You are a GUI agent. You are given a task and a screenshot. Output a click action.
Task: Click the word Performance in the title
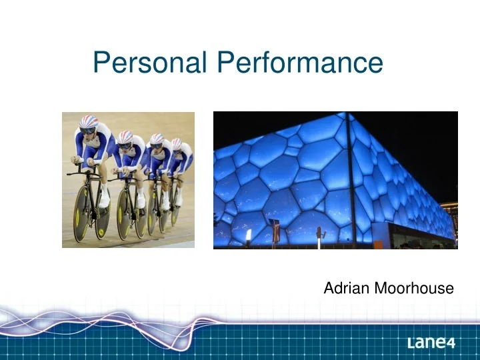pyautogui.click(x=300, y=63)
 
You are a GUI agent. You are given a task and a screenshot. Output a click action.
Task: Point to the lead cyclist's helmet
pyautogui.click(x=88, y=123)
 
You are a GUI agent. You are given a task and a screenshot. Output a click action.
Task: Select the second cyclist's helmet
pyautogui.click(x=125, y=137)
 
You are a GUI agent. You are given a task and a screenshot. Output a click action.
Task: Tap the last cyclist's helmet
pyautogui.click(x=176, y=143)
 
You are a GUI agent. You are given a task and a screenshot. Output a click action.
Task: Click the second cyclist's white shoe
pyautogui.click(x=141, y=201)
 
